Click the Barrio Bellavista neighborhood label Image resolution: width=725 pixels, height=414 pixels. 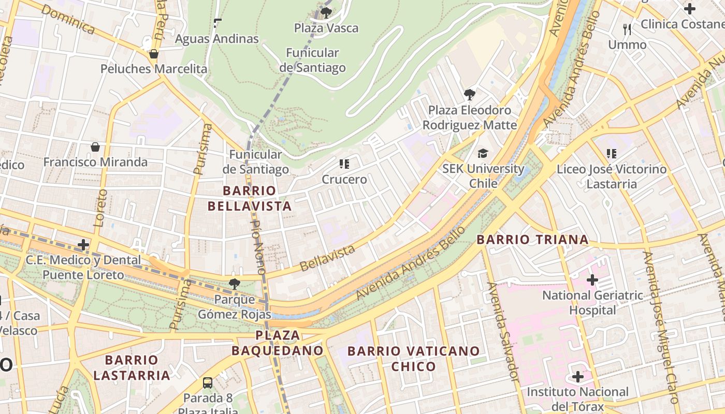pyautogui.click(x=250, y=198)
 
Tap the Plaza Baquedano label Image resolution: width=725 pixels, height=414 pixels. pyautogui.click(x=277, y=343)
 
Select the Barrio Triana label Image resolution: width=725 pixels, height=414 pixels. pyautogui.click(x=532, y=240)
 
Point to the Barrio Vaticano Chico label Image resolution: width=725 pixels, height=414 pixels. pyautogui.click(x=413, y=359)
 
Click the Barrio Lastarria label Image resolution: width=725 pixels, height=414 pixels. pyautogui.click(x=132, y=367)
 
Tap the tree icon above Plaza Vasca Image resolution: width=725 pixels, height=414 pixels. pyautogui.click(x=326, y=12)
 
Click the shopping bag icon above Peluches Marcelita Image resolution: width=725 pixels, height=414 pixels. pyautogui.click(x=153, y=54)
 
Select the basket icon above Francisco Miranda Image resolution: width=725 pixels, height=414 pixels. pyautogui.click(x=95, y=147)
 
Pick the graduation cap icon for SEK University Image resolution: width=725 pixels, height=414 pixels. pyautogui.click(x=483, y=154)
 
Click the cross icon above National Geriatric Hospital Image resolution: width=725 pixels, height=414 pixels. pyautogui.click(x=592, y=280)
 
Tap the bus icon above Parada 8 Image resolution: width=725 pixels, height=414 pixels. pyautogui.click(x=208, y=383)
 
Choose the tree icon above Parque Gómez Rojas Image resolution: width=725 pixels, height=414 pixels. pyautogui.click(x=234, y=284)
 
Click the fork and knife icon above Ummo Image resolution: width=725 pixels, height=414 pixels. pyautogui.click(x=627, y=29)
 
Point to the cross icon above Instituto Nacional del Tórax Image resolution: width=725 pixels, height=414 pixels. pyautogui.click(x=577, y=377)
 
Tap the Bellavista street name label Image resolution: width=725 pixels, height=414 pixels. pyautogui.click(x=327, y=258)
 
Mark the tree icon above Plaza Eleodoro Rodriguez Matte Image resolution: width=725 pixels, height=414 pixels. pyautogui.click(x=470, y=95)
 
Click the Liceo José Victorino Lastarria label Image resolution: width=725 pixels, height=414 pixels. pyautogui.click(x=612, y=176)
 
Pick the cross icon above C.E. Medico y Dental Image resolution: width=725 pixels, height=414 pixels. pyautogui.click(x=83, y=245)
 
